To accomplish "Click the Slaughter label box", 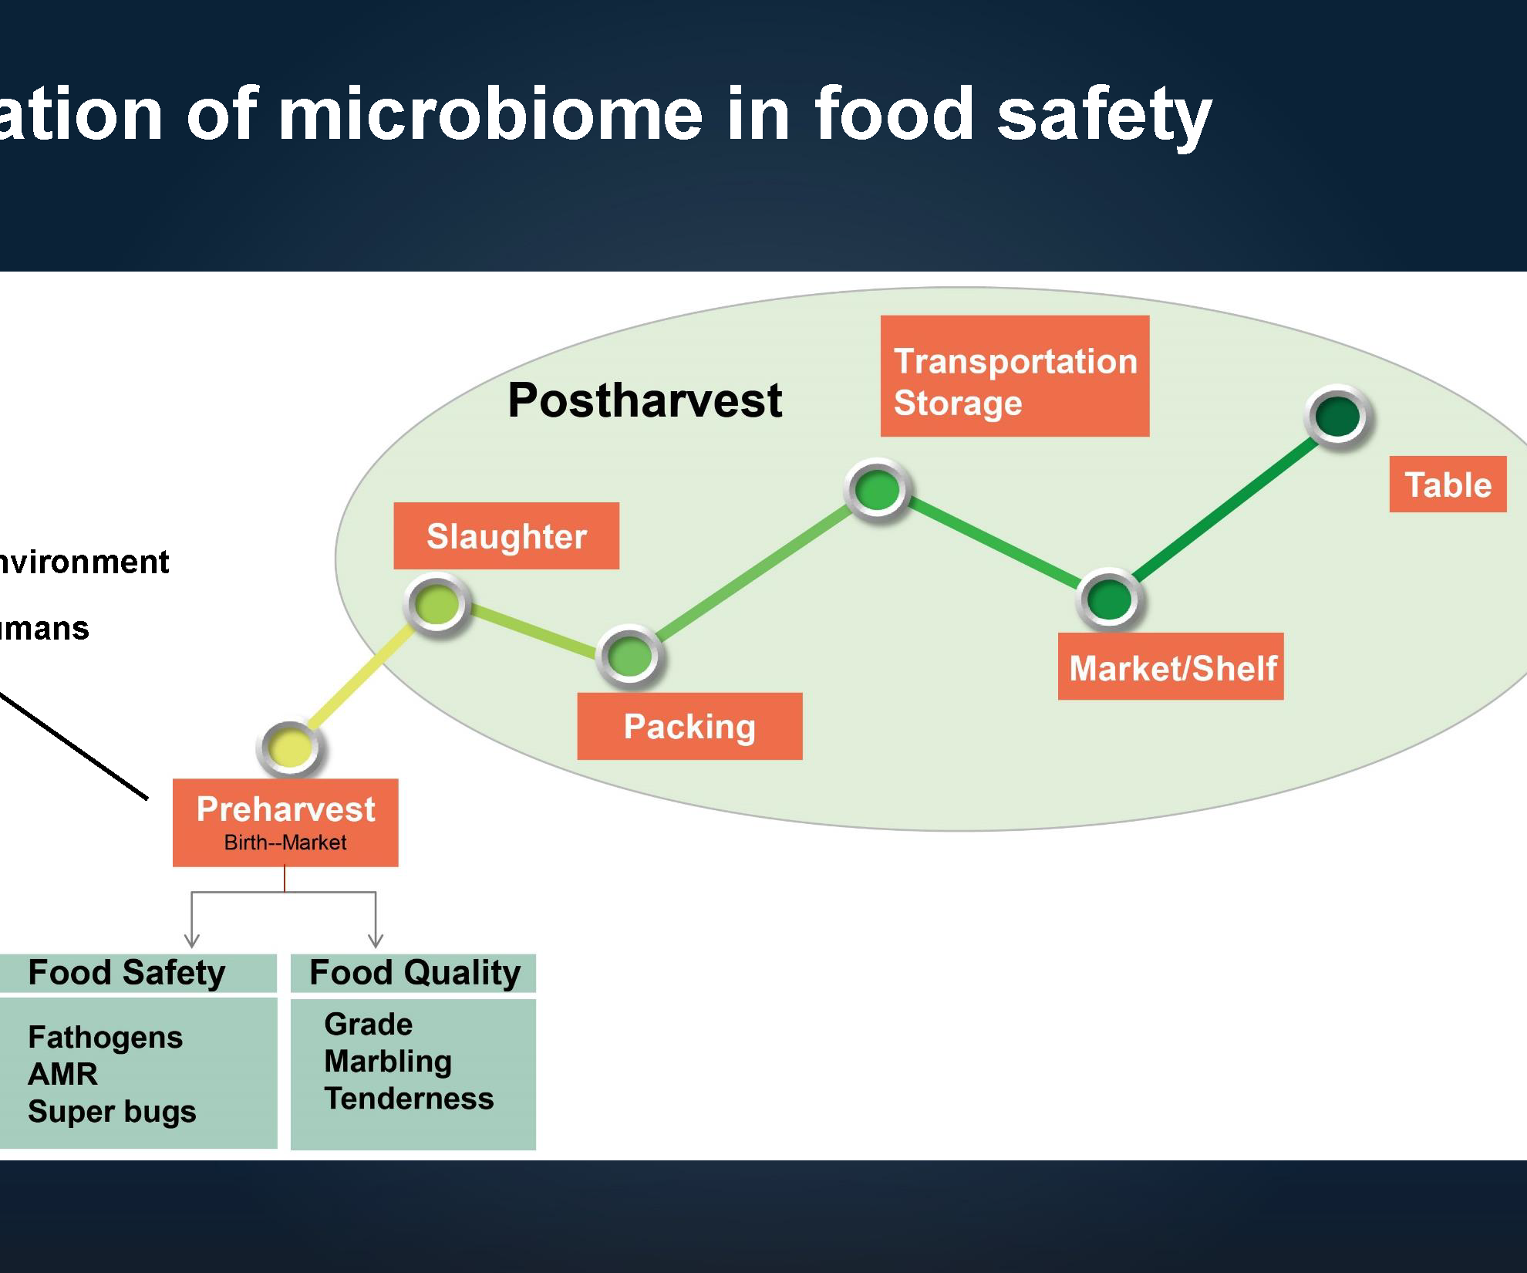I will [x=506, y=536].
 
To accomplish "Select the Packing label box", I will [x=689, y=726].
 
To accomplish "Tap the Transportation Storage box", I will [x=1015, y=376].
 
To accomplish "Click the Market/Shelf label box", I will [x=1171, y=667].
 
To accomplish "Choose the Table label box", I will [x=1448, y=485].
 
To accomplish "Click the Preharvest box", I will [x=285, y=822].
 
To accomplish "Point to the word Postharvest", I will [x=645, y=400].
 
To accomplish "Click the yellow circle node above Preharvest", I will [x=290, y=747].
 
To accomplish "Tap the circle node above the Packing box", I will [x=630, y=656].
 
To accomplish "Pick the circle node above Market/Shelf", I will [x=1108, y=599].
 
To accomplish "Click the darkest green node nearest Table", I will [x=1337, y=417].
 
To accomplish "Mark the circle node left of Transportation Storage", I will [x=878, y=489].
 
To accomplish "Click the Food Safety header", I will [x=127, y=972].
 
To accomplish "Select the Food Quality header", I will [x=414, y=972].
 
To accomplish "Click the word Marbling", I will [x=388, y=1062].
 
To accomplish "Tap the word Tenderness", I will [x=409, y=1099].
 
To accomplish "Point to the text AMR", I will [x=63, y=1074].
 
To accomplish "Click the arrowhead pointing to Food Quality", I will [x=376, y=940].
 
